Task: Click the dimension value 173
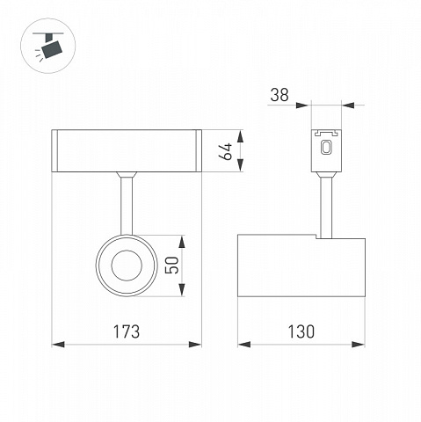[127, 331]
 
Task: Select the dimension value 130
[301, 331]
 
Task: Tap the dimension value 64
[226, 151]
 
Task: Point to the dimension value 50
[172, 266]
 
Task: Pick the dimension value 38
[279, 95]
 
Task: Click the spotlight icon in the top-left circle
[48, 47]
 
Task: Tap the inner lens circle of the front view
[127, 266]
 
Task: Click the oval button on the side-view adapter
[326, 147]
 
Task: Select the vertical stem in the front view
[127, 204]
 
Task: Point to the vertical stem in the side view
[326, 207]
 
